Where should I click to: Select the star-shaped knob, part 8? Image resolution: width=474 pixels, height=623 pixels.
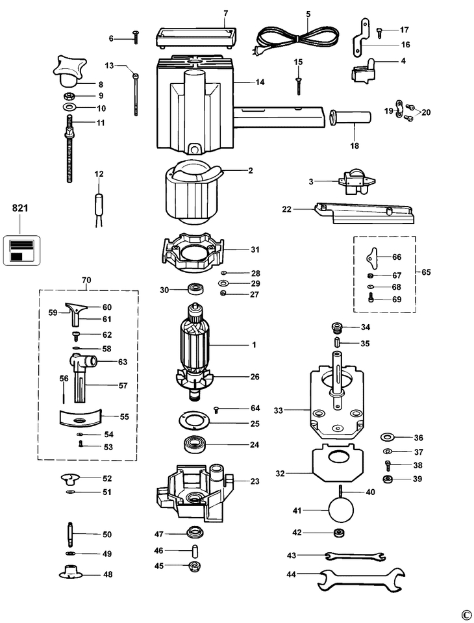pos(69,71)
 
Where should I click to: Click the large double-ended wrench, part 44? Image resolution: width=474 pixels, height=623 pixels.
pos(361,580)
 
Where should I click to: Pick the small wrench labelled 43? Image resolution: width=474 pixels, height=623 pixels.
pos(355,556)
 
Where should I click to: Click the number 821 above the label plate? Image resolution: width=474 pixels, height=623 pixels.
pos(20,207)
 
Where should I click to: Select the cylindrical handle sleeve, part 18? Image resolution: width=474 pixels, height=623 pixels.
pos(350,118)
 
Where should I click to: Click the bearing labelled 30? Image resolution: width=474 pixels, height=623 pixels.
pos(196,288)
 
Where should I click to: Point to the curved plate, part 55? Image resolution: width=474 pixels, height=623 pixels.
pos(80,418)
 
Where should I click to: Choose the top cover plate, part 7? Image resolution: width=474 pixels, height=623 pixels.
pos(196,37)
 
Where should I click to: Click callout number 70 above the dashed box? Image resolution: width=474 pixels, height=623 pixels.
pos(86,280)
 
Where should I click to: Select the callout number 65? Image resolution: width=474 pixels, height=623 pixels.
pos(425,273)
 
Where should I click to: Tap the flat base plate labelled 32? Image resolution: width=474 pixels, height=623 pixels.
pos(338,464)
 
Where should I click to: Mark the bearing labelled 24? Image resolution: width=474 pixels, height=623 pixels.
pos(195,444)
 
